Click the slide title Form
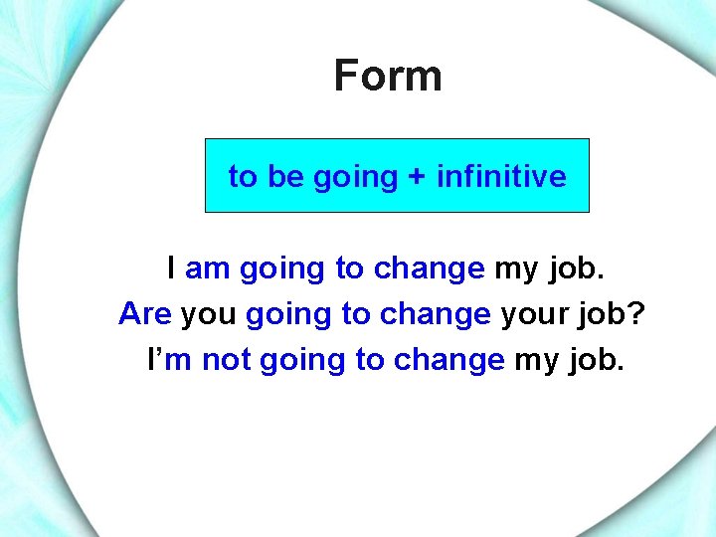388,76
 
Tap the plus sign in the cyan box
417,177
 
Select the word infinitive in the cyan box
501,177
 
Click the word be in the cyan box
285,177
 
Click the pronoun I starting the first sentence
172,268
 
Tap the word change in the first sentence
429,268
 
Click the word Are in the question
145,314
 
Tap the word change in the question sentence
435,314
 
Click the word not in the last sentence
226,360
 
